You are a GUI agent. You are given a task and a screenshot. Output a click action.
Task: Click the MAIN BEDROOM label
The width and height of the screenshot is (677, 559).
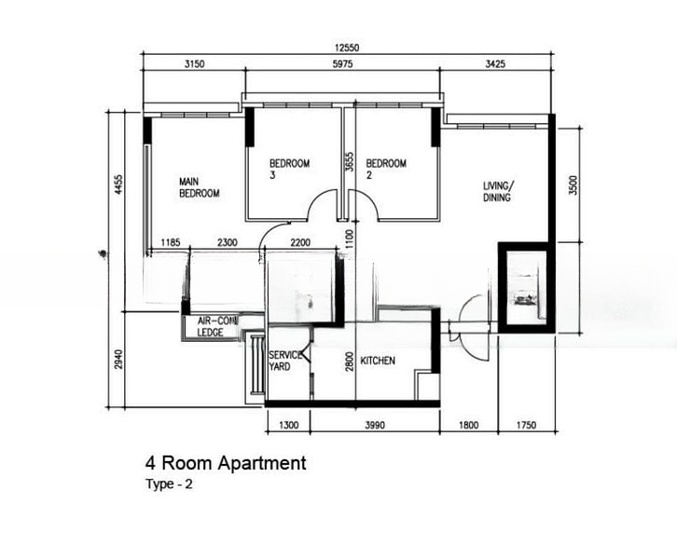point(199,187)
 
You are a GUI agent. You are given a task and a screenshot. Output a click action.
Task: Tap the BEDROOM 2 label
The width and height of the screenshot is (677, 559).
point(386,169)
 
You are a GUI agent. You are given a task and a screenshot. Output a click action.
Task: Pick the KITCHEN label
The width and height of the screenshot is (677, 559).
point(378,360)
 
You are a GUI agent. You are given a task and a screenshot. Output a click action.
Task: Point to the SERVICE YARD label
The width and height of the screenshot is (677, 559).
point(283,361)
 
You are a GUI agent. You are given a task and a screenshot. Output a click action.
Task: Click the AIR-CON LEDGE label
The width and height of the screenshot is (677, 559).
point(210,327)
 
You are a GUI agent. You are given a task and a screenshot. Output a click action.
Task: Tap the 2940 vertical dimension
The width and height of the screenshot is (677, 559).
point(118,359)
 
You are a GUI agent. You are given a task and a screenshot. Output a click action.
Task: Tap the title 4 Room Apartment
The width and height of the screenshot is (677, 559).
point(225,462)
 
